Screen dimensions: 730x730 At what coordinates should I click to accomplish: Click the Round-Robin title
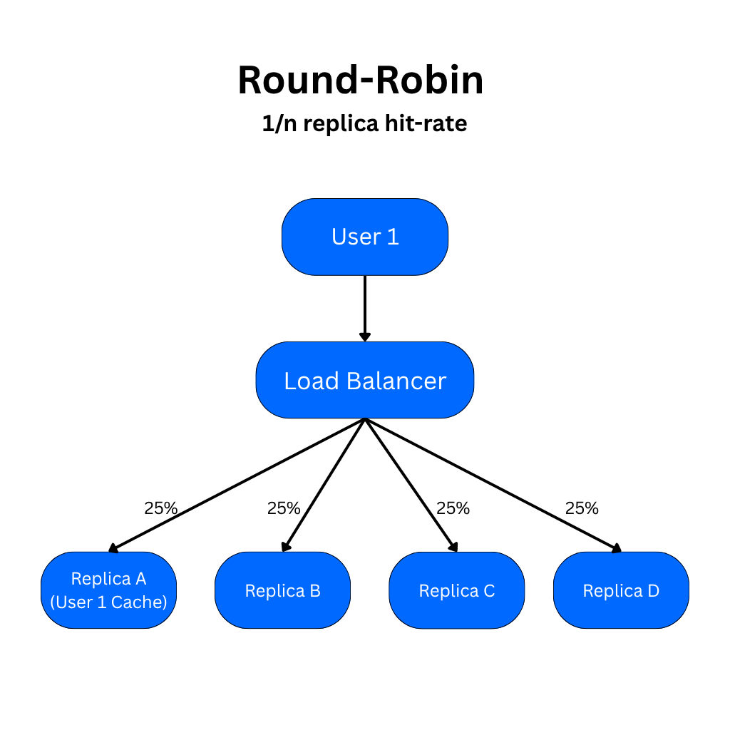point(361,80)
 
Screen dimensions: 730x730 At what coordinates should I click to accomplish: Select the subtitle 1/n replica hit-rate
point(364,124)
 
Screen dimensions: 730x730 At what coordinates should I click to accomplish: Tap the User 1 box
point(365,237)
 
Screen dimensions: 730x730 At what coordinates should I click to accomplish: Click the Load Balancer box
point(365,381)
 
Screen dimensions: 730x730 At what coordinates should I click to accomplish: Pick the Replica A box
point(108,590)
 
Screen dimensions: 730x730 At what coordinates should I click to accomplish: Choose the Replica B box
point(282,590)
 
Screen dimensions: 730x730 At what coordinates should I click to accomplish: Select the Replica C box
point(456,591)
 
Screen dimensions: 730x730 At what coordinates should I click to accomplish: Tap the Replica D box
point(621,590)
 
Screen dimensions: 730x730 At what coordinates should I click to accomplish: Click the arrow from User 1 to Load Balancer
point(365,307)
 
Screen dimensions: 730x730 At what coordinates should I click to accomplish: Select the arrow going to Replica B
point(324,485)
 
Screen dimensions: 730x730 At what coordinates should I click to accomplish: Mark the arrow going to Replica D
point(492,485)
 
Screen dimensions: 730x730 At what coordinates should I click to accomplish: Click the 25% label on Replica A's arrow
point(160,508)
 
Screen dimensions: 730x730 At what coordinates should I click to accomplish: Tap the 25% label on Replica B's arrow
point(284,508)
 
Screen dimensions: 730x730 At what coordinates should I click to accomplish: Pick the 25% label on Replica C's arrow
point(453,508)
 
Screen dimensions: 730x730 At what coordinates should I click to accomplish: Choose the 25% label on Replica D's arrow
point(582,508)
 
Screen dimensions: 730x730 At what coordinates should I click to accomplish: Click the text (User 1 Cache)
point(108,602)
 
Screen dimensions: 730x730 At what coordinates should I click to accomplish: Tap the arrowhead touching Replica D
point(616,548)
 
